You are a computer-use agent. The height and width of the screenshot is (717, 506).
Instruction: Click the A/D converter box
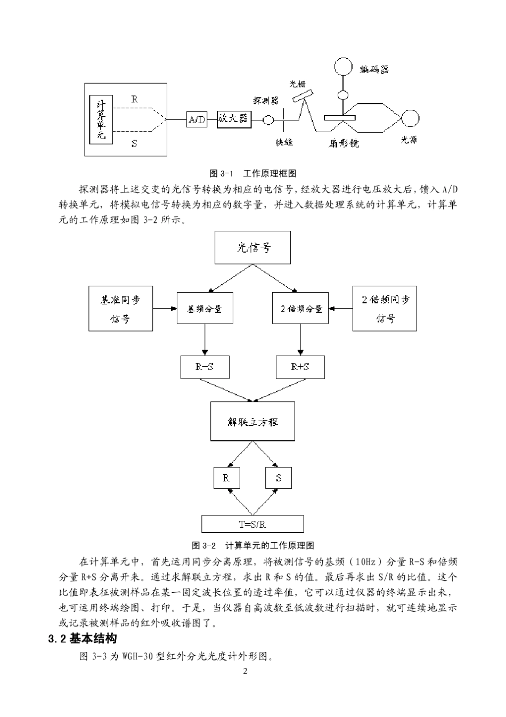(x=197, y=119)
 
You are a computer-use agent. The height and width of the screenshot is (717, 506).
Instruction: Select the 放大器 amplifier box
(x=234, y=118)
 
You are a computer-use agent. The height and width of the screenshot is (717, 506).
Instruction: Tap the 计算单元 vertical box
(x=101, y=120)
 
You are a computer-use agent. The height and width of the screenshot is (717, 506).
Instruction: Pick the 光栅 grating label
(x=298, y=84)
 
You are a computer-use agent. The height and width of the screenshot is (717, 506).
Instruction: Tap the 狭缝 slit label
(x=284, y=142)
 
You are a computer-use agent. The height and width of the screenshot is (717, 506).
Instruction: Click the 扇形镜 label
(x=344, y=143)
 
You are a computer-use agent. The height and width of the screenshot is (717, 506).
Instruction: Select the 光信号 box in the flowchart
(x=252, y=247)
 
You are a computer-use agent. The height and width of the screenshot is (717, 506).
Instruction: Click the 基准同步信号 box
(x=121, y=308)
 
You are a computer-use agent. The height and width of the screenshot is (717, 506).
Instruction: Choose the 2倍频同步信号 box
(x=385, y=308)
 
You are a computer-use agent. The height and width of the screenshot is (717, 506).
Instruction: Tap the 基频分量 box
(x=205, y=308)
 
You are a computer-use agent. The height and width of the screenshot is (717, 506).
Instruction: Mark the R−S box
(x=205, y=367)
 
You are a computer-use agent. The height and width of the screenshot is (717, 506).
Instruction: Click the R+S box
(x=300, y=367)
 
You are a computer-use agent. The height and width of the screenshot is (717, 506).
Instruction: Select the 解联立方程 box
(x=252, y=422)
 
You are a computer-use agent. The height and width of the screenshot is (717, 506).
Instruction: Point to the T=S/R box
(x=252, y=523)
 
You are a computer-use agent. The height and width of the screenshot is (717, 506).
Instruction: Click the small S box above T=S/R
(x=279, y=478)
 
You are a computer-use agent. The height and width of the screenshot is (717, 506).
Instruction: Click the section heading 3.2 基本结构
(x=82, y=639)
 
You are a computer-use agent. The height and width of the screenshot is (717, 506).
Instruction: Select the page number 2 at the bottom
(x=245, y=671)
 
